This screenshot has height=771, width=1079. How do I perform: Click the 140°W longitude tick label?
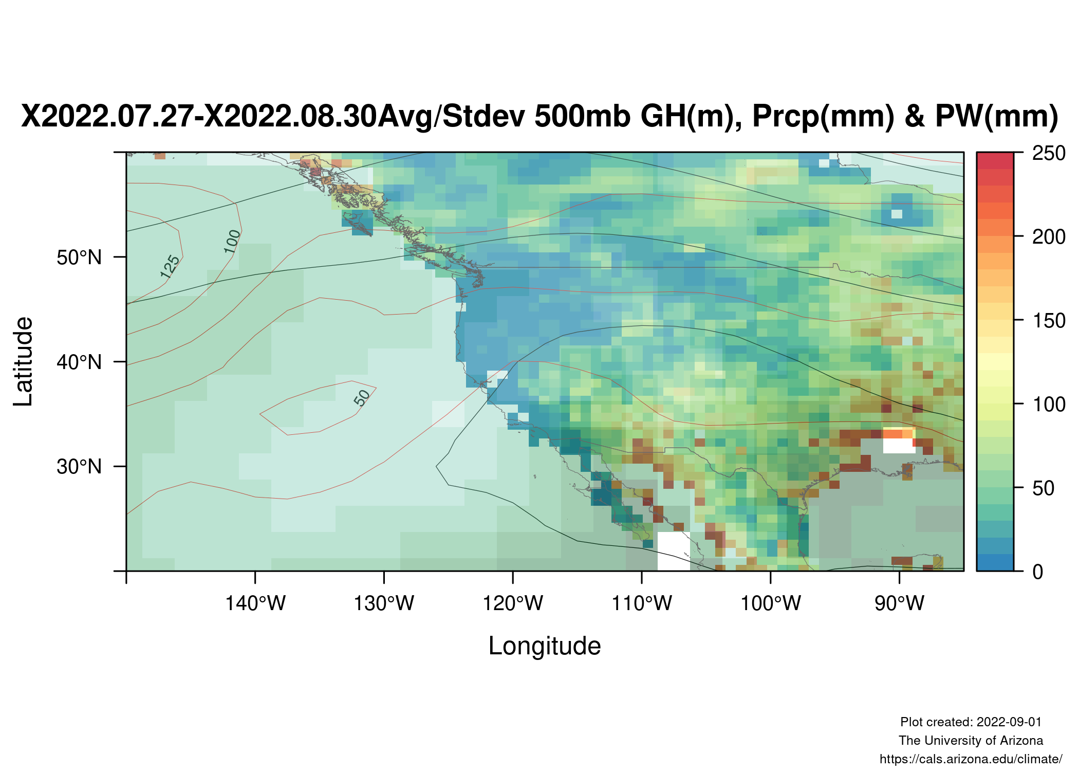255,603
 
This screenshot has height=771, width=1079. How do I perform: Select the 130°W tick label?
384,603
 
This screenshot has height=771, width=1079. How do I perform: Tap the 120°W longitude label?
513,603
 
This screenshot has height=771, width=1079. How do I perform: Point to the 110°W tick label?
642,603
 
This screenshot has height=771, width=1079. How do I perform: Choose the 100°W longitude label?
771,603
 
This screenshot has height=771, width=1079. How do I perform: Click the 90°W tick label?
900,603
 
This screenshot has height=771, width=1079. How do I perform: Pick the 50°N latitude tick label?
80,258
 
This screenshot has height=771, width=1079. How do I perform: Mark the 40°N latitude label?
80,362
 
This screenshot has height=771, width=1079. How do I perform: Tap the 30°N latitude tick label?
80,467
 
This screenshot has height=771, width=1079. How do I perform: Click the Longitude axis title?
545,646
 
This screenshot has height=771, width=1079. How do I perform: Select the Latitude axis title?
24,361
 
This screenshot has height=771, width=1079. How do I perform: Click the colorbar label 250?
1049,153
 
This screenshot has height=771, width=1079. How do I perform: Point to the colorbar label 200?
1049,237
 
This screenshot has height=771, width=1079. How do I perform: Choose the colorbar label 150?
1049,321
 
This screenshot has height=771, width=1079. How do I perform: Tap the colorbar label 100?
1049,405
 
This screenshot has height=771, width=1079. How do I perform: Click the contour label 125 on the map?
170,267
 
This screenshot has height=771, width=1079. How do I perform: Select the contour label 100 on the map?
232,241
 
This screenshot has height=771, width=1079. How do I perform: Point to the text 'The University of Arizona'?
971,741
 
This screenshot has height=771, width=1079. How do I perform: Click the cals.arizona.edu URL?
971,759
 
